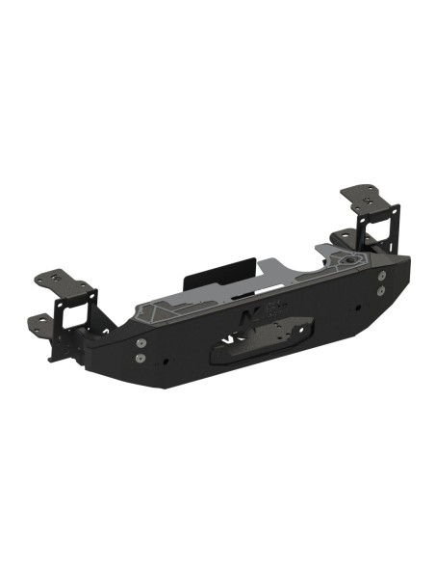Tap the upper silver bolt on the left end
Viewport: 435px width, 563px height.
click(x=141, y=343)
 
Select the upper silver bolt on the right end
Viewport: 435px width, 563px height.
click(x=382, y=275)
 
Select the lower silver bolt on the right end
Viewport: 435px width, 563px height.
click(x=382, y=288)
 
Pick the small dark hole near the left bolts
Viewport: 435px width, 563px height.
click(x=167, y=362)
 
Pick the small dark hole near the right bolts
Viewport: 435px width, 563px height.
click(x=357, y=308)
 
